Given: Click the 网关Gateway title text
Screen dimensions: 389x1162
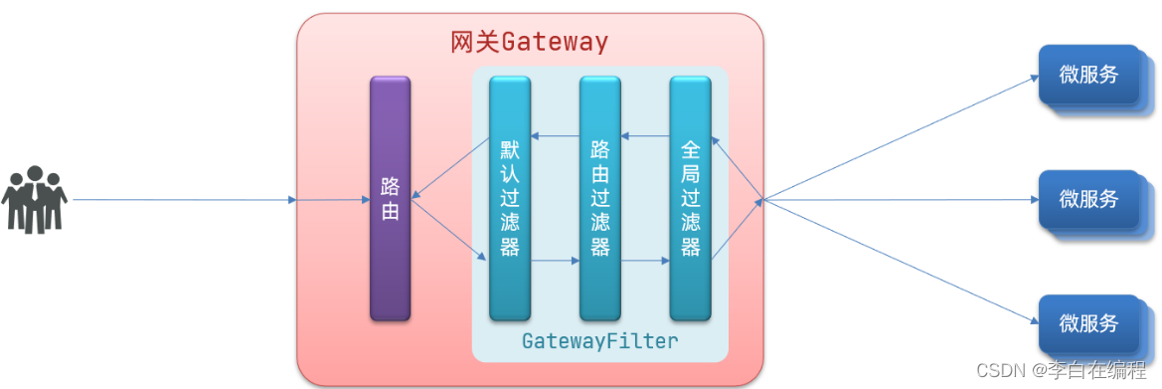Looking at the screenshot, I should click(529, 43).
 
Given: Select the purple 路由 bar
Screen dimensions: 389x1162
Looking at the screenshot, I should click(390, 199).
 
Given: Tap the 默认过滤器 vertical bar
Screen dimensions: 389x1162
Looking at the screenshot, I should click(510, 199).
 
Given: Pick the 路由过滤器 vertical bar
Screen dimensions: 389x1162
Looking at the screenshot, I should click(599, 199).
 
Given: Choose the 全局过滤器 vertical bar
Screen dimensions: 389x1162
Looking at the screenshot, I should click(690, 199).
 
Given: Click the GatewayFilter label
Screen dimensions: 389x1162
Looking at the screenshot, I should click(599, 341).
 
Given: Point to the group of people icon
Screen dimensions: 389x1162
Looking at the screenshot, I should click(35, 200).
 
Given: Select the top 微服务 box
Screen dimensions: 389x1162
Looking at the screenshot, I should click(1088, 76).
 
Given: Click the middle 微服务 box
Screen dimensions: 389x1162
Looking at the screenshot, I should click(1088, 200).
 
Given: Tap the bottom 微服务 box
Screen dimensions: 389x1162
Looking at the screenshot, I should click(1088, 324).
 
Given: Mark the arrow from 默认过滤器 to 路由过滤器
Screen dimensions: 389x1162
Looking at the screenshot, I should click(555, 262).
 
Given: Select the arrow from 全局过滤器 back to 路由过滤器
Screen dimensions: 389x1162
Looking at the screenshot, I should click(645, 136).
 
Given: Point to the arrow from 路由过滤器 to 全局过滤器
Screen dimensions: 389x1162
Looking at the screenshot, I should click(645, 262).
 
